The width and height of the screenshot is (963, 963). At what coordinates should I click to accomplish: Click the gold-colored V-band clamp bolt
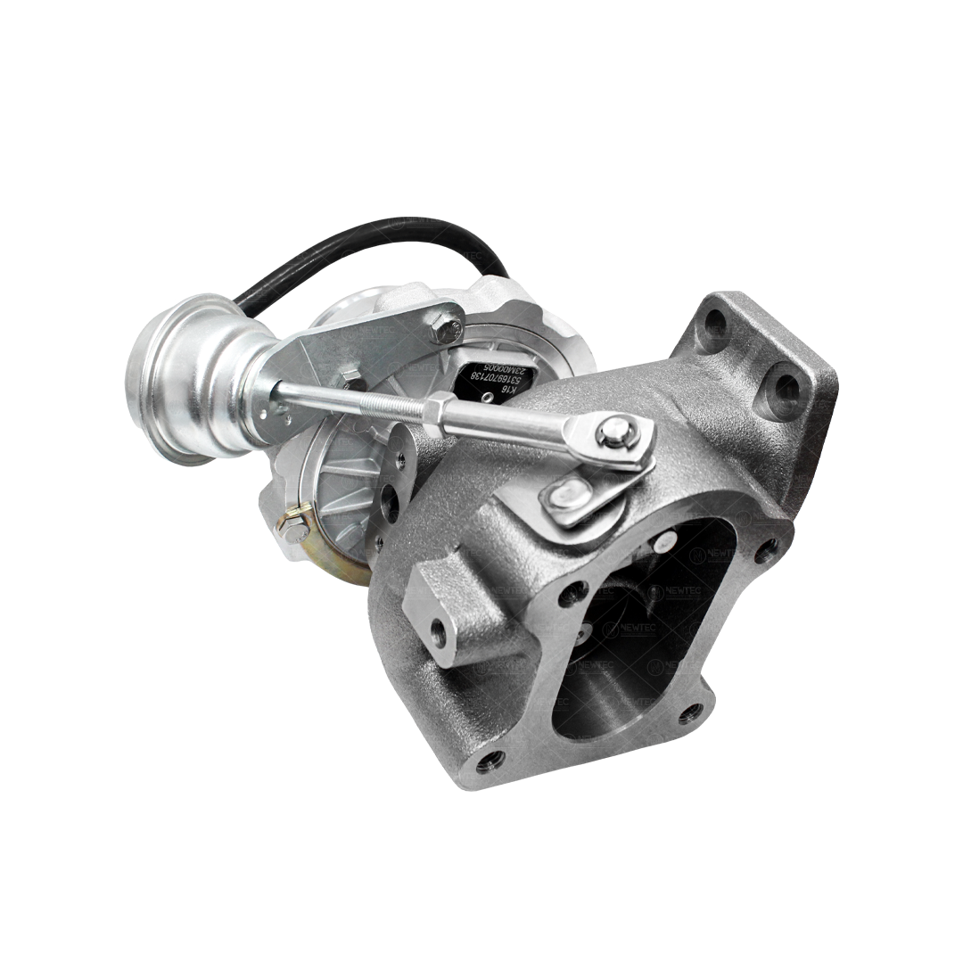coord(293,526)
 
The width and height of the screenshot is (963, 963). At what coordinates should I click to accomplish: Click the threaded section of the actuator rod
coord(392,405)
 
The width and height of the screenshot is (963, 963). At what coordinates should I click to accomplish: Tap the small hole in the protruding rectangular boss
coord(438,634)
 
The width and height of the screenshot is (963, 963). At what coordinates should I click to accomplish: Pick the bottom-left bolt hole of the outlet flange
coord(490,761)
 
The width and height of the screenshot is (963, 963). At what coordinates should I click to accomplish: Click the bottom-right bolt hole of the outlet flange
coord(690,713)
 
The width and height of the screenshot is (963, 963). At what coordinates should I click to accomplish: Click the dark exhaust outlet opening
coord(624,660)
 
